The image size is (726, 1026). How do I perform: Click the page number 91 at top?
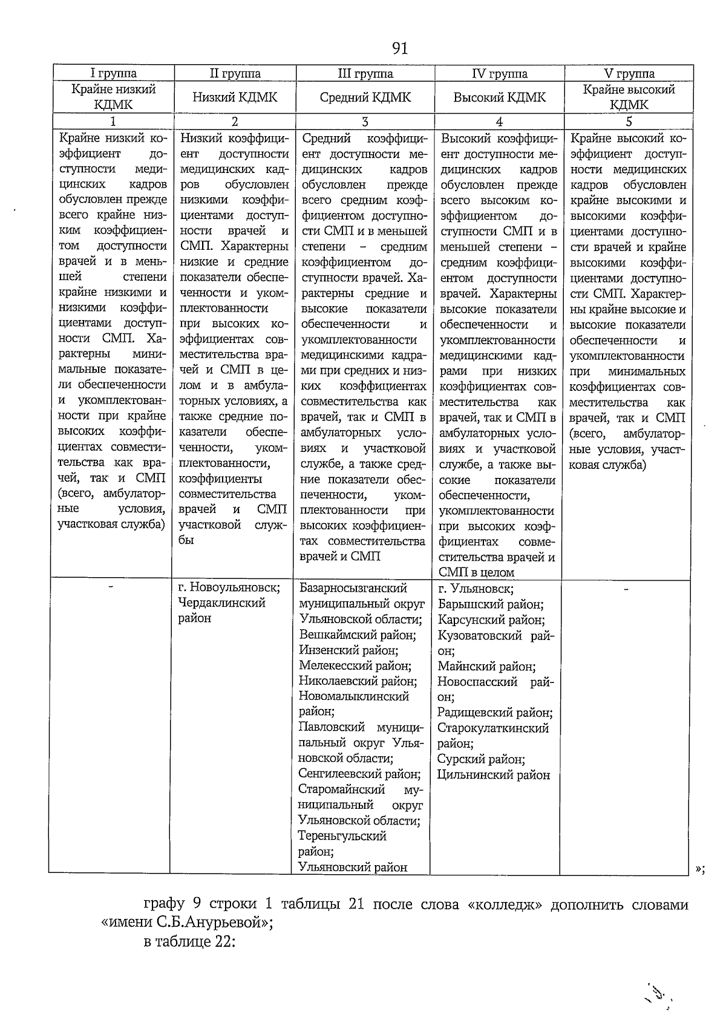click(x=400, y=48)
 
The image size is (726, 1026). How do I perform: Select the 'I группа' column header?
click(x=113, y=74)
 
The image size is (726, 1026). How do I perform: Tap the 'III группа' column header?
click(x=365, y=74)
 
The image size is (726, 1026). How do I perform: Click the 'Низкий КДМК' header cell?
click(x=235, y=97)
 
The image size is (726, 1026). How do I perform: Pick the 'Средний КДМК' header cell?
click(x=365, y=97)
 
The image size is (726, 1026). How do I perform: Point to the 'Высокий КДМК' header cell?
click(x=499, y=97)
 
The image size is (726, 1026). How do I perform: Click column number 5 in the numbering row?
click(x=629, y=121)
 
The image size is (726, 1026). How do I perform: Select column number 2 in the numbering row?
click(x=235, y=121)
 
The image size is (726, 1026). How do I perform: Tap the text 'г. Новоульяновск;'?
click(x=229, y=587)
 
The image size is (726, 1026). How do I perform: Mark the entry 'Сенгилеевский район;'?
click(x=359, y=774)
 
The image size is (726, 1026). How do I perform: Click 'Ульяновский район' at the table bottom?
click(x=353, y=867)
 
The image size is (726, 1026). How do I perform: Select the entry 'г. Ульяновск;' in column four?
click(x=476, y=588)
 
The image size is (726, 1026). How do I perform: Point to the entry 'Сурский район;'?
click(x=481, y=759)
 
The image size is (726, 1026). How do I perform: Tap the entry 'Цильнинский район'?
click(x=494, y=775)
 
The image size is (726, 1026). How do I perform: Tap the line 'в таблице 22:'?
click(x=189, y=942)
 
